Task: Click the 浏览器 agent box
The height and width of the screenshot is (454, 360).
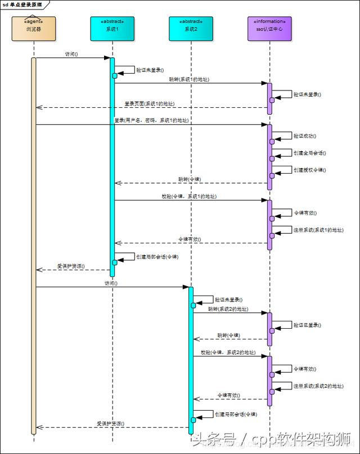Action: (x=33, y=29)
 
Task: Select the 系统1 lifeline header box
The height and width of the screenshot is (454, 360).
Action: (x=112, y=29)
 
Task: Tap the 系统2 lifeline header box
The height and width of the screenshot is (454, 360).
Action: (x=191, y=29)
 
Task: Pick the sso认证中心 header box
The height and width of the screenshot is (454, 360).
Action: (x=269, y=29)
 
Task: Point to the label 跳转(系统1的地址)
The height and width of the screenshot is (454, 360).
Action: (x=189, y=79)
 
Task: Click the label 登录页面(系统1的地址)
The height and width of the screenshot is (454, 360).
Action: (x=150, y=104)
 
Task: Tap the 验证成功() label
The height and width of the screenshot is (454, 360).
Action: (x=305, y=136)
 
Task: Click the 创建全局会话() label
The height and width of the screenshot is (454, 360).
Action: (x=309, y=153)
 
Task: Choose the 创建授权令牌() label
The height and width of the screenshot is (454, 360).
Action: (x=309, y=170)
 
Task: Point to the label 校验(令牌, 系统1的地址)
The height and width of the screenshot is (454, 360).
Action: (x=189, y=196)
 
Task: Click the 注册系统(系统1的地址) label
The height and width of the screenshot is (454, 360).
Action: (x=318, y=230)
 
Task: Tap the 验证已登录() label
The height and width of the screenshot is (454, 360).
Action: (x=307, y=325)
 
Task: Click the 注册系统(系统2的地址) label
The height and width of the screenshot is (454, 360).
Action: (x=318, y=386)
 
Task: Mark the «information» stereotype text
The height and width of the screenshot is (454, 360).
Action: (x=269, y=21)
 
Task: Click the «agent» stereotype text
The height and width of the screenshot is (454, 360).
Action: (x=33, y=21)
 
